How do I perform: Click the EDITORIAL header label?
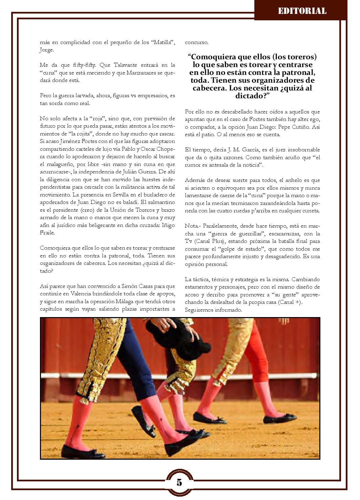[302, 11]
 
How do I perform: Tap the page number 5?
[179, 483]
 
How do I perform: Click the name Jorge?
[47, 50]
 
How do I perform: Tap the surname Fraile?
[47, 233]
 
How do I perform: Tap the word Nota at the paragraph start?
[191, 226]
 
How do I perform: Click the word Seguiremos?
[199, 310]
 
